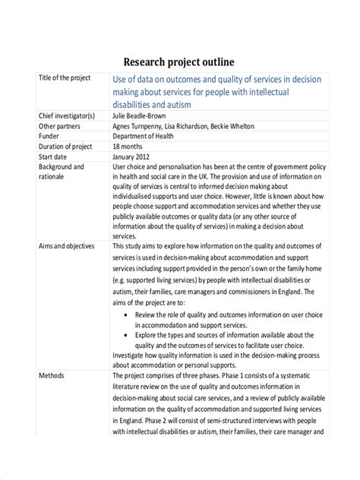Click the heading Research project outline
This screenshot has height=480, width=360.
click(x=179, y=61)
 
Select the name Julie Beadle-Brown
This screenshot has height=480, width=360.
click(x=144, y=115)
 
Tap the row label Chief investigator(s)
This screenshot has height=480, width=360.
click(x=67, y=115)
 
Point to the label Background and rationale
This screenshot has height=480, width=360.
click(x=61, y=172)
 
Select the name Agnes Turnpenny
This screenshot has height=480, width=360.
click(x=138, y=126)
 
